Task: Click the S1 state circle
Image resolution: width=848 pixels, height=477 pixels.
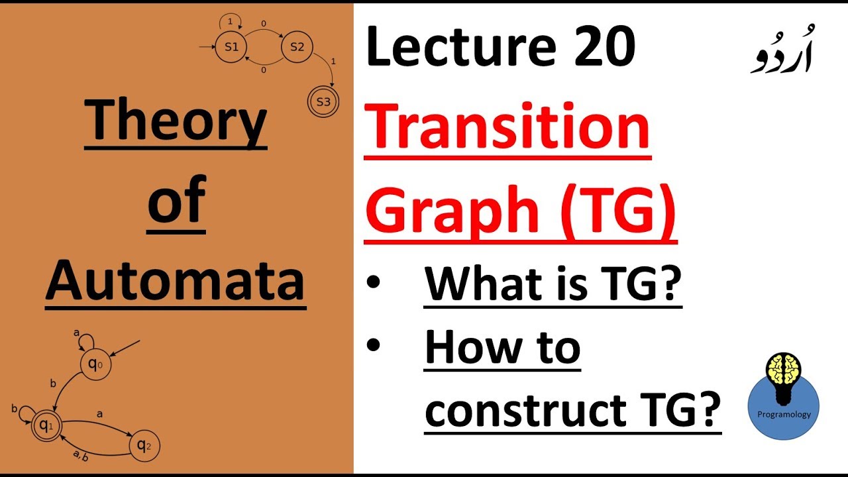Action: pos(231,48)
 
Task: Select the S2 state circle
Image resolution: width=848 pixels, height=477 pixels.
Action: pos(296,48)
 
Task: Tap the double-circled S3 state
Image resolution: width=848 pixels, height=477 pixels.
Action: pos(323,102)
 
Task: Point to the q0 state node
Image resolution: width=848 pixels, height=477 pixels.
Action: pos(95,364)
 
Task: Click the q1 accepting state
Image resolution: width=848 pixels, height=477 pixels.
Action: pos(45,425)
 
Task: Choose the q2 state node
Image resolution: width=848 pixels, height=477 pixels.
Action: pos(144,446)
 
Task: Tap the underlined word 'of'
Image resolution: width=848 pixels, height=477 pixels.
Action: pos(176,202)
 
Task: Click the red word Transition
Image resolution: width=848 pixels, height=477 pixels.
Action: pos(507,129)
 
